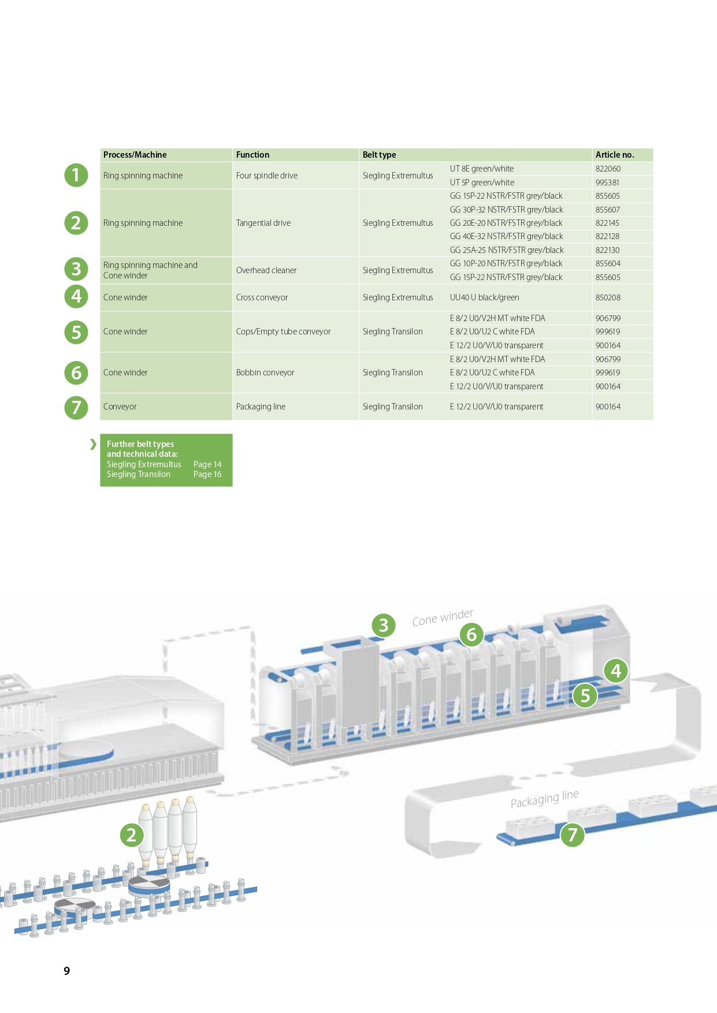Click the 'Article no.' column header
pyautogui.click(x=614, y=155)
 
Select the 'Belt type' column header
pyautogui.click(x=379, y=155)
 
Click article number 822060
pyautogui.click(x=608, y=169)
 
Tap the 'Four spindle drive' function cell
pyautogui.click(x=266, y=176)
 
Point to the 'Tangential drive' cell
pyautogui.click(x=263, y=223)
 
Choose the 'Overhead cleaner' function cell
pyautogui.click(x=266, y=270)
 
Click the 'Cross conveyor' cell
pyautogui.click(x=262, y=297)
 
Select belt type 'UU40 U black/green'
pyautogui.click(x=484, y=297)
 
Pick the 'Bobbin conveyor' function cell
pyautogui.click(x=265, y=373)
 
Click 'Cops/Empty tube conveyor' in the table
pyautogui.click(x=283, y=332)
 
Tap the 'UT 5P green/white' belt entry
pyautogui.click(x=482, y=183)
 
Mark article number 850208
pyautogui.click(x=608, y=297)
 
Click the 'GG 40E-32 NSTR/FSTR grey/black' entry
pyautogui.click(x=506, y=236)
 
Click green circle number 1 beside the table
pyautogui.click(x=76, y=175)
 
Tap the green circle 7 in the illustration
pyautogui.click(x=573, y=835)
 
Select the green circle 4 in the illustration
pyautogui.click(x=616, y=671)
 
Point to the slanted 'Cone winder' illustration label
pyautogui.click(x=443, y=617)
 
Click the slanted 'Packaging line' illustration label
pyautogui.click(x=544, y=799)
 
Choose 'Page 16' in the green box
pyautogui.click(x=207, y=474)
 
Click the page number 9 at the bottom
pyautogui.click(x=67, y=971)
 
